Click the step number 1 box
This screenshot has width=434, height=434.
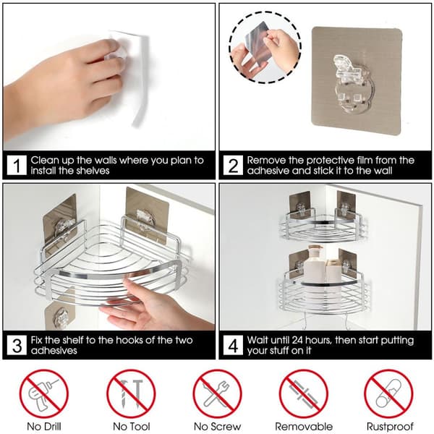(17, 165)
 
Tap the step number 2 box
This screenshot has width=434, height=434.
(233, 165)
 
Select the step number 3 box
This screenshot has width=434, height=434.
(17, 345)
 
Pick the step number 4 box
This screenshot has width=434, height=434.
(233, 345)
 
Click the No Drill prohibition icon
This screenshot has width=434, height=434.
(43, 393)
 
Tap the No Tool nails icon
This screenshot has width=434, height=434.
(131, 393)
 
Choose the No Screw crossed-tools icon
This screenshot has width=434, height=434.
(217, 393)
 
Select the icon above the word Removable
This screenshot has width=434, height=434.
(304, 393)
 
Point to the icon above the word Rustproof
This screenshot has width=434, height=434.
(389, 393)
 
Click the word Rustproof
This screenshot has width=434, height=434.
(390, 427)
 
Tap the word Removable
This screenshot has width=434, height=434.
(304, 427)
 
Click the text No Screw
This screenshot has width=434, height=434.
(217, 427)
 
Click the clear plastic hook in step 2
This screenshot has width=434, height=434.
(352, 85)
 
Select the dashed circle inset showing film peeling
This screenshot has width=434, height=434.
(265, 47)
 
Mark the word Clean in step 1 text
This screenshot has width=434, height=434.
(45, 161)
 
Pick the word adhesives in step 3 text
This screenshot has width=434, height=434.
(54, 351)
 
